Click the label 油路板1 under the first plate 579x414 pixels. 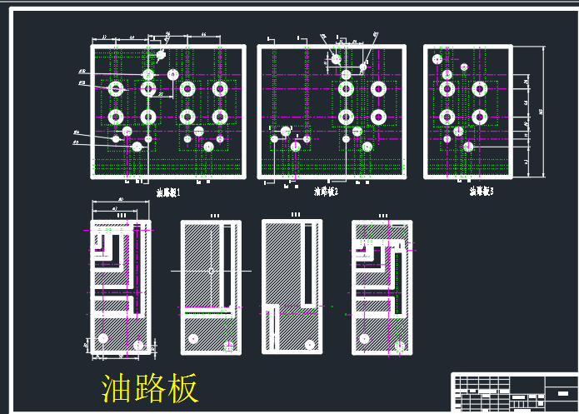[x=168, y=192]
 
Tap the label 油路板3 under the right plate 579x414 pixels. [x=481, y=192]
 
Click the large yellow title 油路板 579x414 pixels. [x=150, y=388]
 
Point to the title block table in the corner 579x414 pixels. [x=512, y=392]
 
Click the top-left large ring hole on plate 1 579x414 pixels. [x=116, y=87]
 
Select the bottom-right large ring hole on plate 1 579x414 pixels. [x=220, y=116]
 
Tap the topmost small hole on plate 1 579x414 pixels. [x=161, y=56]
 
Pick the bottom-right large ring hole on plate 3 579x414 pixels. [x=479, y=116]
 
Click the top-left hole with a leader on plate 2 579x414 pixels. [x=336, y=57]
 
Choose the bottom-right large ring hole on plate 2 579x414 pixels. [x=378, y=116]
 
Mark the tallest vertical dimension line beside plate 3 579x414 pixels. [x=544, y=111]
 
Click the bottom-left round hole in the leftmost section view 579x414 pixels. [x=103, y=337]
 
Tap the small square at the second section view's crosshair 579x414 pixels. [x=212, y=271]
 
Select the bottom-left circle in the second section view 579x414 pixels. [x=193, y=338]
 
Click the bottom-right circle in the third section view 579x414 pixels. [x=308, y=344]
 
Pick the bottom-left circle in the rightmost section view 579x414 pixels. [x=364, y=338]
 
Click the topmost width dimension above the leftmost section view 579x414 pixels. [x=121, y=201]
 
